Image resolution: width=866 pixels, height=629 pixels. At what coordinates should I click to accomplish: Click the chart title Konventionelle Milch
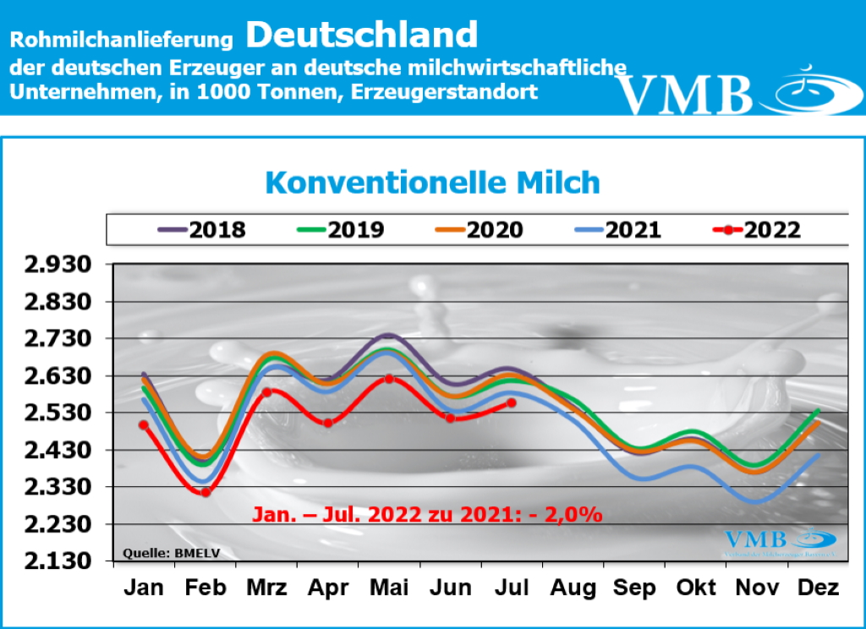tap(432, 183)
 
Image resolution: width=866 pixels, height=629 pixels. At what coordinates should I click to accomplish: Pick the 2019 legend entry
tap(340, 229)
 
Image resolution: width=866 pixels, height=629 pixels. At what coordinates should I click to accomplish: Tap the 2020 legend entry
tap(479, 229)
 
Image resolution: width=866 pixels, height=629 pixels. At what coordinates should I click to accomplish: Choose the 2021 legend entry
tap(617, 229)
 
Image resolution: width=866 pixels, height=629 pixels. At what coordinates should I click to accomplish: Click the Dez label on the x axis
tap(818, 588)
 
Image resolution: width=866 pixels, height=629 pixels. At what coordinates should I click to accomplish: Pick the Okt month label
tap(695, 588)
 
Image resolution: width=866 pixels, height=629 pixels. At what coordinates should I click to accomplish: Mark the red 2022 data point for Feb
tap(206, 491)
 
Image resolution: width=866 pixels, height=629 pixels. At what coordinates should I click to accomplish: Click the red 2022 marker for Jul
tap(511, 403)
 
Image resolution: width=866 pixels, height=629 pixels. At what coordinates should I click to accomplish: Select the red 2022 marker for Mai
tap(388, 379)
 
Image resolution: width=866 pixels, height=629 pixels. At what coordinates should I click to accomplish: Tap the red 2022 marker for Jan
tap(144, 425)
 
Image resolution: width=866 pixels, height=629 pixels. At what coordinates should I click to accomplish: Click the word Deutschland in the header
tap(362, 36)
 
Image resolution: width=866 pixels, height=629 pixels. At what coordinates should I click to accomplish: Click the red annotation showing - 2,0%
tap(426, 513)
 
